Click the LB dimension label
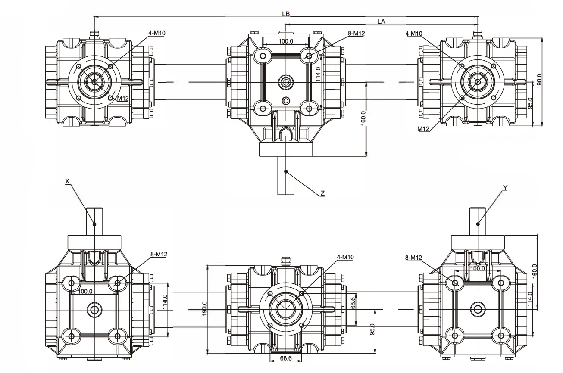tap(286, 14)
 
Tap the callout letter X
tap(67, 182)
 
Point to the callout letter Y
tap(505, 188)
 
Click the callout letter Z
tap(322, 194)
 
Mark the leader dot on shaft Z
tap(285, 171)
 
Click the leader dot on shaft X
tap(94, 224)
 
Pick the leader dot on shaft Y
tap(478, 224)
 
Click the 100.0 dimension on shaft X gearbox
tap(85, 292)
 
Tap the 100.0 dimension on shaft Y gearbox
tap(477, 268)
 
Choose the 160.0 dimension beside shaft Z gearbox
tap(363, 118)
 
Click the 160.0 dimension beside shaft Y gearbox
tap(535, 272)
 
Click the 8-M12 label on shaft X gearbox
tap(159, 255)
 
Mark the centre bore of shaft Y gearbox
tap(477, 309)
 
